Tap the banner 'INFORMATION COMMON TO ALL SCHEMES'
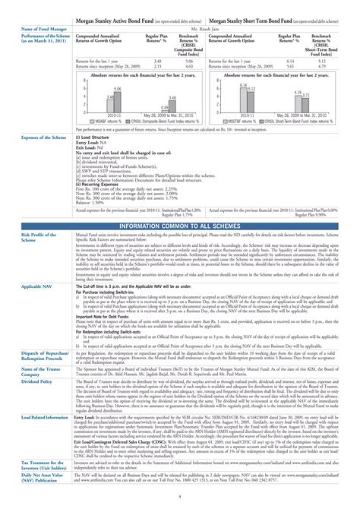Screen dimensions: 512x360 (179, 226)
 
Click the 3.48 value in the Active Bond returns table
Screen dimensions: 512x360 (157, 60)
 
